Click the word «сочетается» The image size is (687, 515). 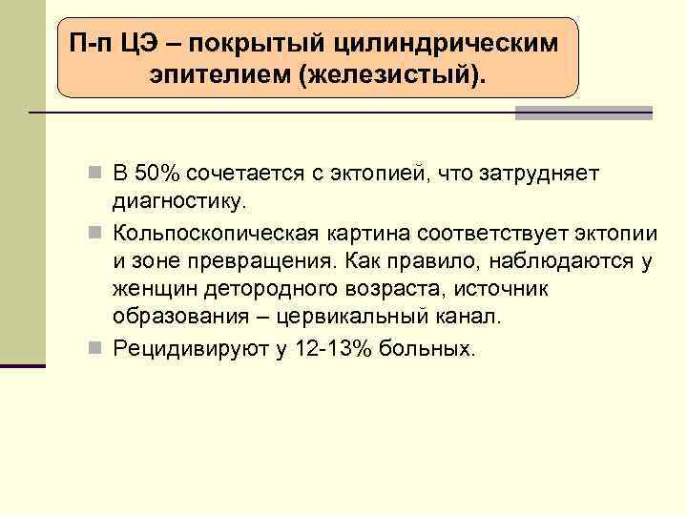click(239, 175)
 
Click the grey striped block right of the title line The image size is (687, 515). click(584, 113)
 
